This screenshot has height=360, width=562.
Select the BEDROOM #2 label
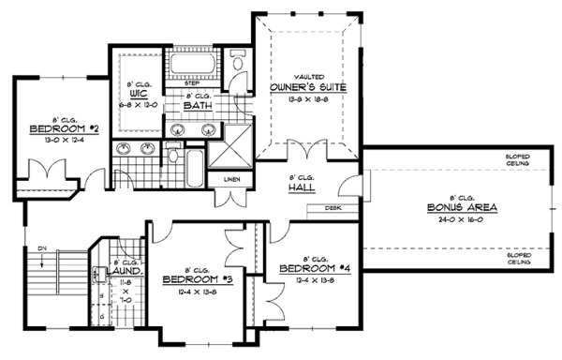52,129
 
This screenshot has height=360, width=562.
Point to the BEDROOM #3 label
197,279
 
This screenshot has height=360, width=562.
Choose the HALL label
301,187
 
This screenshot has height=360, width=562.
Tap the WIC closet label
138,95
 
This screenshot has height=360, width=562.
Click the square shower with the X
225,148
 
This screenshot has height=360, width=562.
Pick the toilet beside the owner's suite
235,62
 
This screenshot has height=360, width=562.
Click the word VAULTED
310,76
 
